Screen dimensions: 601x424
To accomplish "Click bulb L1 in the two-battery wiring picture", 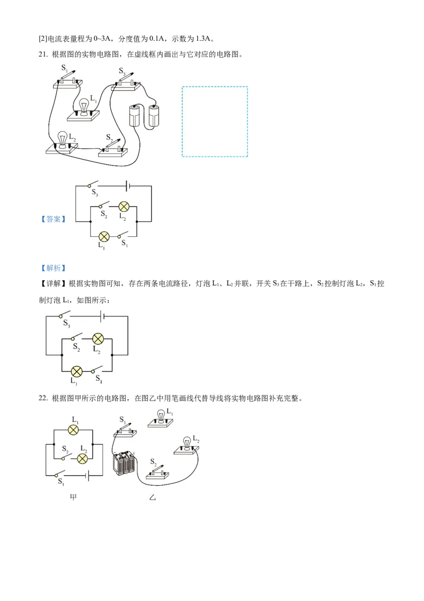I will tap(83, 107).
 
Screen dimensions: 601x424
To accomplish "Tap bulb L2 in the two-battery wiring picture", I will tap(63, 140).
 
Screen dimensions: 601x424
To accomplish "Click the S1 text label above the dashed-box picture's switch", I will tap(64, 68).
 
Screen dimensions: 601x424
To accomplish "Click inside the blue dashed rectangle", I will tap(215, 122).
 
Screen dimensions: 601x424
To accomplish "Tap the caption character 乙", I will tap(153, 498).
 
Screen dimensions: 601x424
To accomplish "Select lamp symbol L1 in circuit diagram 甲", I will tap(75, 430).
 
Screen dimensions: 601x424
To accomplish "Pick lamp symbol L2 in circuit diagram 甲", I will tap(82, 459).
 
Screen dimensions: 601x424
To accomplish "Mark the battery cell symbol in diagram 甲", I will tap(87, 476).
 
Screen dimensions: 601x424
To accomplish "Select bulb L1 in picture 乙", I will tap(161, 417).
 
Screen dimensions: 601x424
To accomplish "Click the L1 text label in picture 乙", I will tap(170, 411).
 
